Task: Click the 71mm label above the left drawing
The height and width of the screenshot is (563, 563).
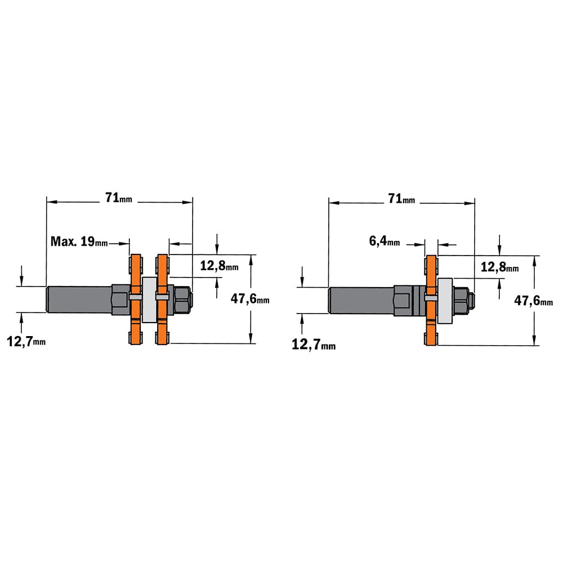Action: (118, 198)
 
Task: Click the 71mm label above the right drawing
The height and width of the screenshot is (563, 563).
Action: (401, 199)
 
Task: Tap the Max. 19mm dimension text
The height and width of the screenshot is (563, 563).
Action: (79, 242)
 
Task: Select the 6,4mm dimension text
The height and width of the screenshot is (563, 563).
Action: (384, 240)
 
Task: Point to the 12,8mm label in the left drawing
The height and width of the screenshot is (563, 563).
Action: (219, 266)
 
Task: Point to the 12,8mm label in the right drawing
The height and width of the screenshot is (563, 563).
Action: (499, 267)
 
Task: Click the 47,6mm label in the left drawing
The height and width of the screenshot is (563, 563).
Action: (250, 299)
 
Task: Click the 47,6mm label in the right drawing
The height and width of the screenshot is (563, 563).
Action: (534, 300)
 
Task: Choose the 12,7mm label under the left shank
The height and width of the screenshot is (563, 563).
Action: (26, 342)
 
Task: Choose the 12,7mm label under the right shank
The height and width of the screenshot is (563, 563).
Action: (314, 345)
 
